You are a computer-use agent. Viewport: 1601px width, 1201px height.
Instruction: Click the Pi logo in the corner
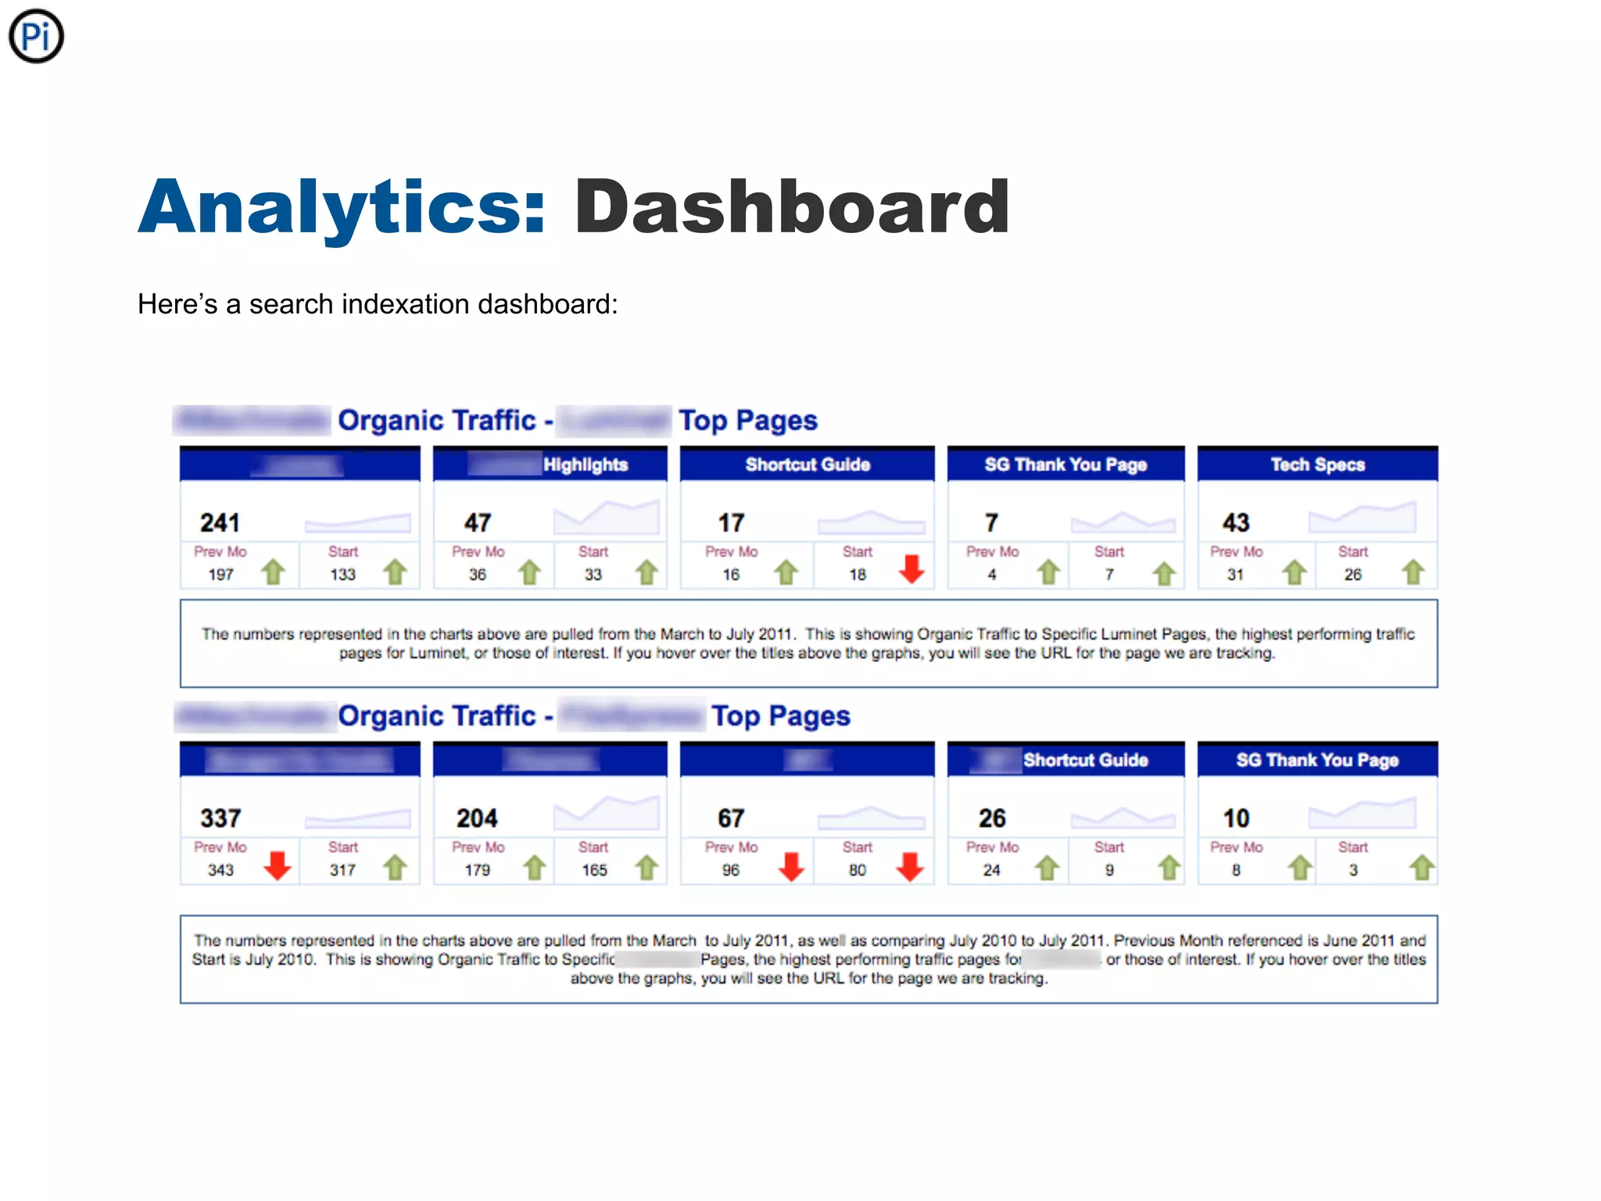(x=36, y=36)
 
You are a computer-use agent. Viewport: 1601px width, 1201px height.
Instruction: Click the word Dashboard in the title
(x=792, y=206)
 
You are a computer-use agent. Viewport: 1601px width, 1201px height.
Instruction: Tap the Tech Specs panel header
(x=1317, y=464)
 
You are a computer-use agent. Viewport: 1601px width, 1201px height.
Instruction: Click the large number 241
(x=220, y=522)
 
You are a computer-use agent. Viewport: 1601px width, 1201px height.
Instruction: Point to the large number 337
(x=220, y=818)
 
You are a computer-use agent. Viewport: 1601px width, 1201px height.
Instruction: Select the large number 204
(x=477, y=818)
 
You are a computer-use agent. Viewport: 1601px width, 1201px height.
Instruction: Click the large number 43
(x=1236, y=522)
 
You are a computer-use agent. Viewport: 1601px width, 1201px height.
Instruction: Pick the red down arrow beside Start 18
(x=912, y=569)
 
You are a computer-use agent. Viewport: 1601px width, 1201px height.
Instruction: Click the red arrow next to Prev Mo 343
(x=278, y=866)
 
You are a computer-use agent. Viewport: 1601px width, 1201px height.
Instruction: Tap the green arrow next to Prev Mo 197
(x=273, y=572)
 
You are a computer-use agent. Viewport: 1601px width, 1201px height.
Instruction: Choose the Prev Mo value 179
(x=477, y=869)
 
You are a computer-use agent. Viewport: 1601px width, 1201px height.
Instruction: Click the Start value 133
(x=342, y=575)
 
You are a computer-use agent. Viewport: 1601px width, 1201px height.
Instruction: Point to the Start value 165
(x=594, y=869)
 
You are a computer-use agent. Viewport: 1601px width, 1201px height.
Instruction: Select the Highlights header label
(x=586, y=464)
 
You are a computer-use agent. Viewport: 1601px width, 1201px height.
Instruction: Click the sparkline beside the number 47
(x=607, y=517)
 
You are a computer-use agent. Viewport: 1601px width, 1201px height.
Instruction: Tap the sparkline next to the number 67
(x=871, y=818)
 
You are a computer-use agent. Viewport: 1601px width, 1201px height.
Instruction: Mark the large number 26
(x=992, y=818)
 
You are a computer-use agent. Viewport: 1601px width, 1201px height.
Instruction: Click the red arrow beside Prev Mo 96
(x=792, y=866)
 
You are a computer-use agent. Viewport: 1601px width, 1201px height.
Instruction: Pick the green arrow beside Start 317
(x=396, y=867)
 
